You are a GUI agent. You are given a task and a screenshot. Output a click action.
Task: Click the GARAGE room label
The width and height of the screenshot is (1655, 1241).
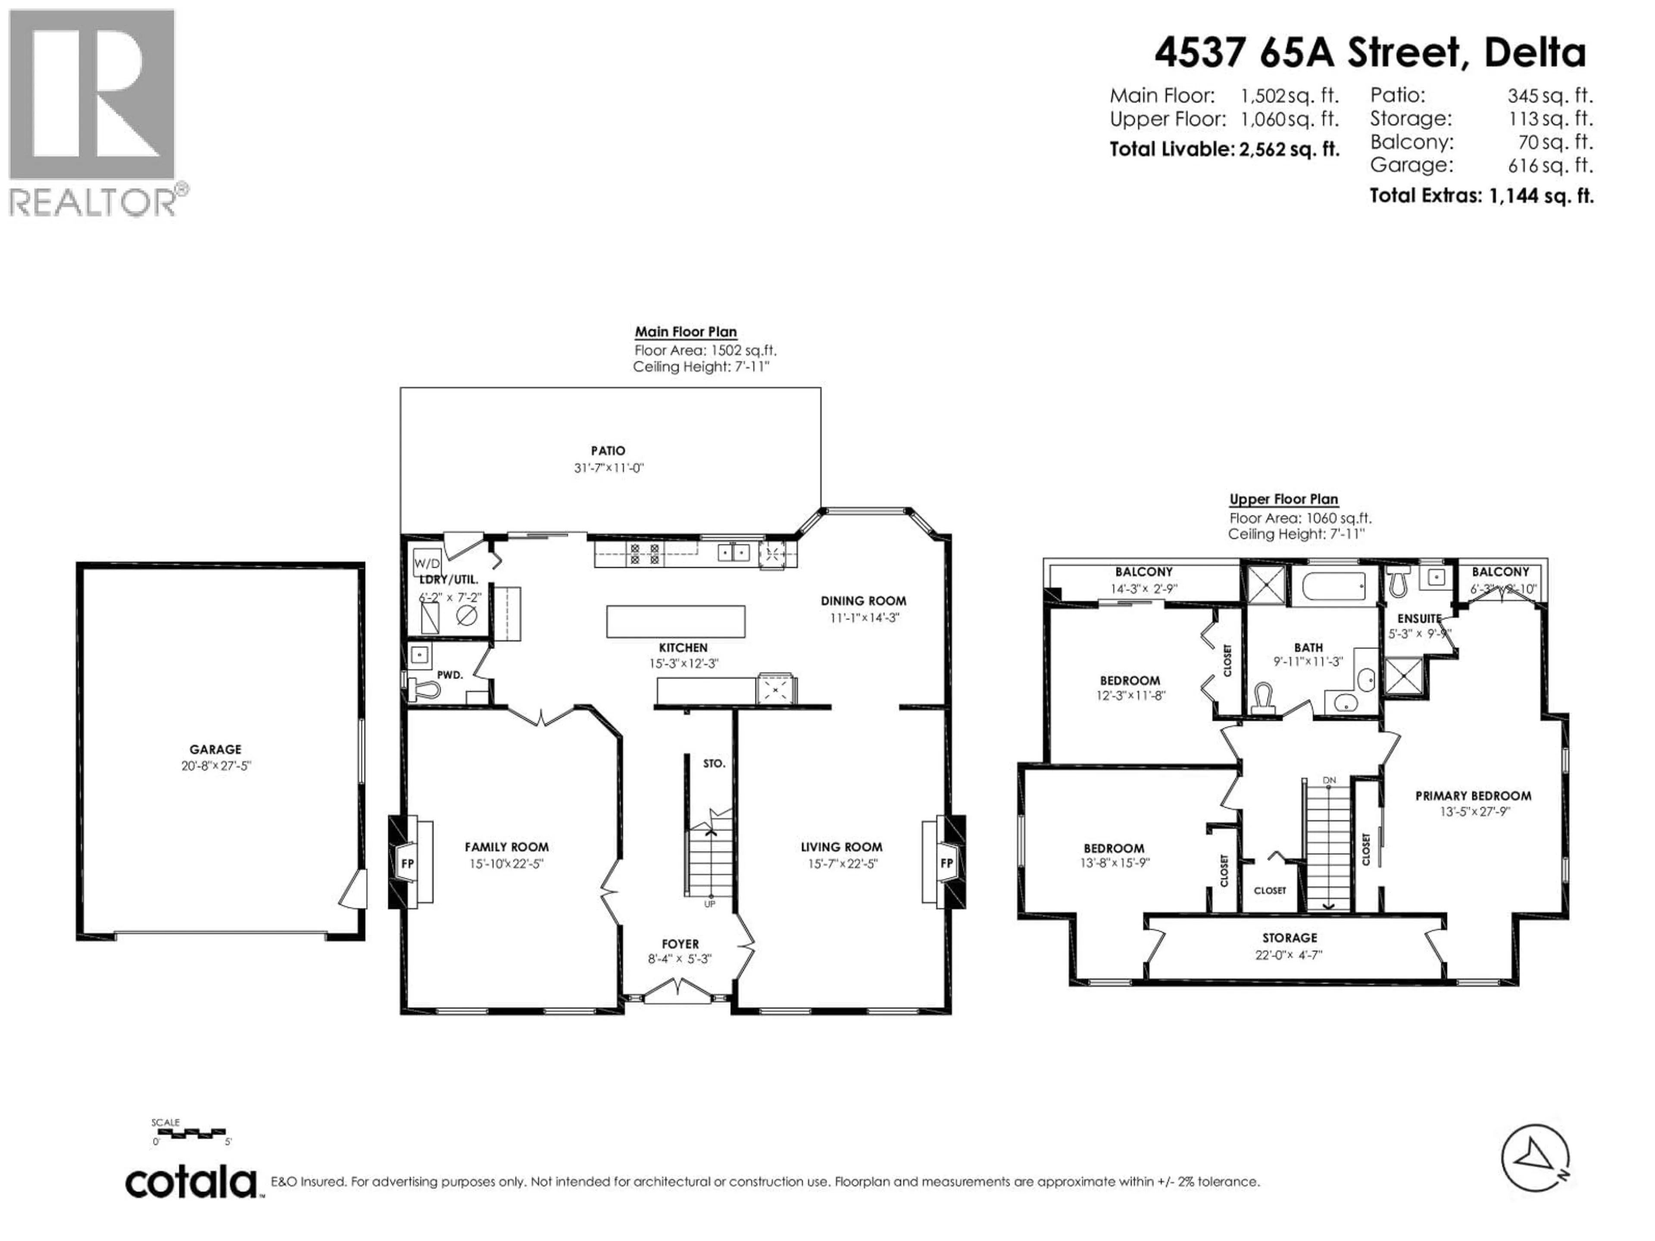click(215, 749)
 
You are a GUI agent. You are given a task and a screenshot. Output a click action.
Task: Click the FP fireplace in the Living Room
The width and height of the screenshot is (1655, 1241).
click(946, 863)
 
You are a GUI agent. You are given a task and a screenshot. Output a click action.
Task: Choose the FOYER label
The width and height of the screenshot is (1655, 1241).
click(680, 944)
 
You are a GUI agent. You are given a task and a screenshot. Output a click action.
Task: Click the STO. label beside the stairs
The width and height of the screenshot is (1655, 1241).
click(714, 764)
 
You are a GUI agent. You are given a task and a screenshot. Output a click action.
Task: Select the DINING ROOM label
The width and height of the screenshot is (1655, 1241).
click(863, 601)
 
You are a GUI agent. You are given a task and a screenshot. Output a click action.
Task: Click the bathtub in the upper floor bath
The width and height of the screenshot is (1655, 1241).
click(1334, 586)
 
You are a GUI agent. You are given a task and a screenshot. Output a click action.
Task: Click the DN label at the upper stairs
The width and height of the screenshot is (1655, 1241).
click(1329, 781)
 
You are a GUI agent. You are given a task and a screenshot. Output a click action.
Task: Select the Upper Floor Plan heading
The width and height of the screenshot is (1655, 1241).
click(1283, 499)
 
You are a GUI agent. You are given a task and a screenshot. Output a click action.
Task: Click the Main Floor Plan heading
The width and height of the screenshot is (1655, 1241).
click(685, 331)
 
